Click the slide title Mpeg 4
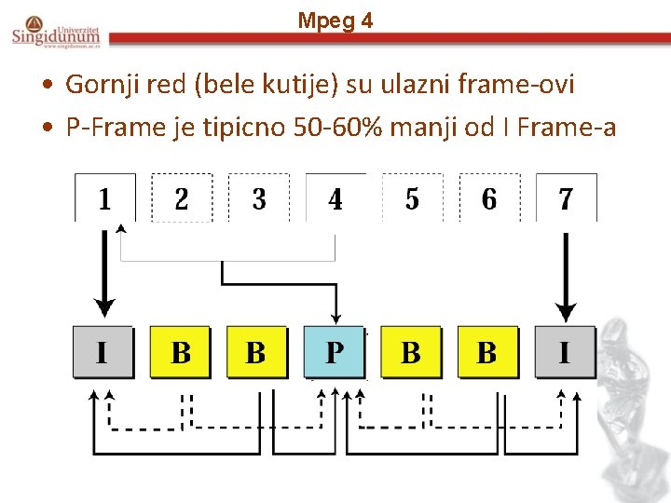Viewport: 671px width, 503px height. (x=335, y=20)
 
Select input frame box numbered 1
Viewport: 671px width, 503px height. (x=104, y=198)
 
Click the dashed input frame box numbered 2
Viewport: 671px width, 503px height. (x=181, y=198)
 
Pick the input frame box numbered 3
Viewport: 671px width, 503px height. (x=258, y=198)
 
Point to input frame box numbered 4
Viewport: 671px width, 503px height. (x=335, y=198)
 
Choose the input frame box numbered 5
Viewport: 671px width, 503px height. (x=412, y=198)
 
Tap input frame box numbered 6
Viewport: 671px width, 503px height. (x=489, y=198)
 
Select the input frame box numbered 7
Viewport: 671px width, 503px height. (x=566, y=198)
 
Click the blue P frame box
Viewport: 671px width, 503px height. (x=334, y=352)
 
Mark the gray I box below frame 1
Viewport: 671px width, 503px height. (x=103, y=352)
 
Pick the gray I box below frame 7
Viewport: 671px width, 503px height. (x=565, y=352)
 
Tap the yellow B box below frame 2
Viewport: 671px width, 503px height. (x=180, y=352)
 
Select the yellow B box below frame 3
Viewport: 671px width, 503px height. (x=256, y=352)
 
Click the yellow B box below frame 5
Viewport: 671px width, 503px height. (x=411, y=352)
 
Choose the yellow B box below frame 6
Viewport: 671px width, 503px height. (x=487, y=352)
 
